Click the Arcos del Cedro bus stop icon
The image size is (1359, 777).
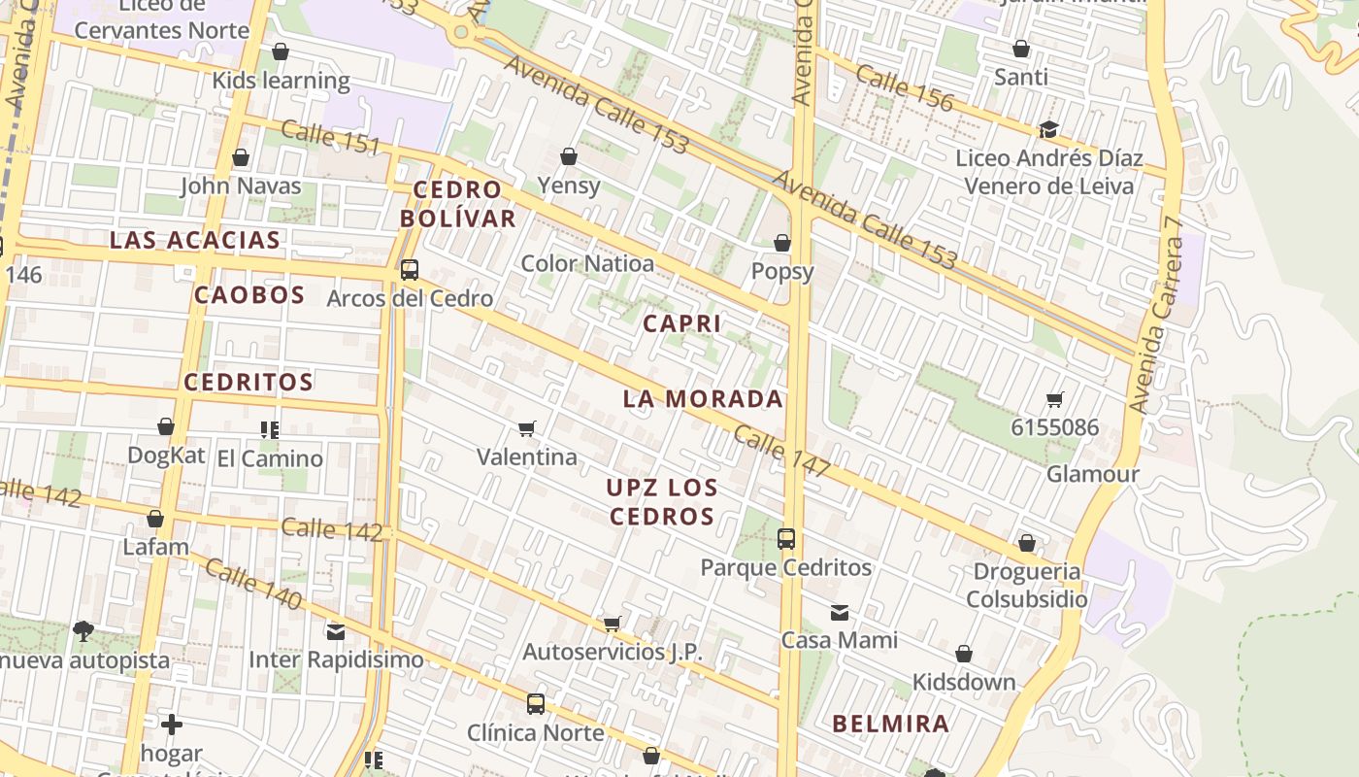click(x=410, y=270)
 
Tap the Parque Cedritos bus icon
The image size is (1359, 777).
click(x=786, y=538)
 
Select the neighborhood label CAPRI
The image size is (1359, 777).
click(x=682, y=323)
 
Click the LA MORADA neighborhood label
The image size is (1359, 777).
click(x=703, y=398)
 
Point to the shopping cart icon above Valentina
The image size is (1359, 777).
click(x=527, y=428)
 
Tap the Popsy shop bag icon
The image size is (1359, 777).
click(x=782, y=243)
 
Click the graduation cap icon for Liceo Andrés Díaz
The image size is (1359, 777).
click(x=1048, y=130)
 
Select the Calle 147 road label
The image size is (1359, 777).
click(x=781, y=452)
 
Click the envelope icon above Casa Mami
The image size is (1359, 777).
click(x=840, y=613)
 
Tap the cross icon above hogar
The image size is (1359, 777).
click(x=172, y=725)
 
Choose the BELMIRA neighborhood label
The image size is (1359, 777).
click(x=890, y=724)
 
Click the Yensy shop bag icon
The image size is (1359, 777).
click(x=569, y=156)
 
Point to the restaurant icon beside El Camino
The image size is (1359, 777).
click(x=269, y=429)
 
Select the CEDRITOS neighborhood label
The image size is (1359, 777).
click(x=249, y=382)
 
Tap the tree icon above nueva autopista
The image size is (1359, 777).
click(x=83, y=631)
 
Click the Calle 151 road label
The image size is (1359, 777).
click(x=331, y=137)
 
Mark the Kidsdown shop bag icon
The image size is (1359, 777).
click(x=964, y=655)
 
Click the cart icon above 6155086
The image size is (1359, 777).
click(x=1055, y=399)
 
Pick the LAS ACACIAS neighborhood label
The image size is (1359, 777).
click(x=195, y=240)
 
